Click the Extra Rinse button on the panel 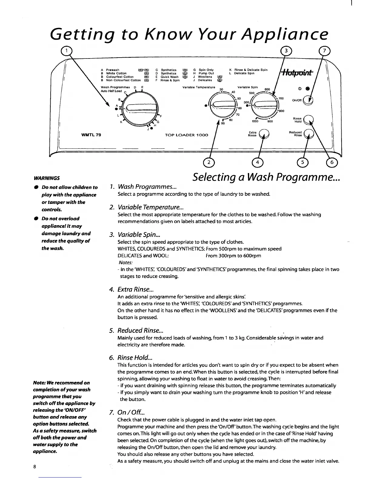tap(264, 134)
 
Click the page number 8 tap(35, 467)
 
